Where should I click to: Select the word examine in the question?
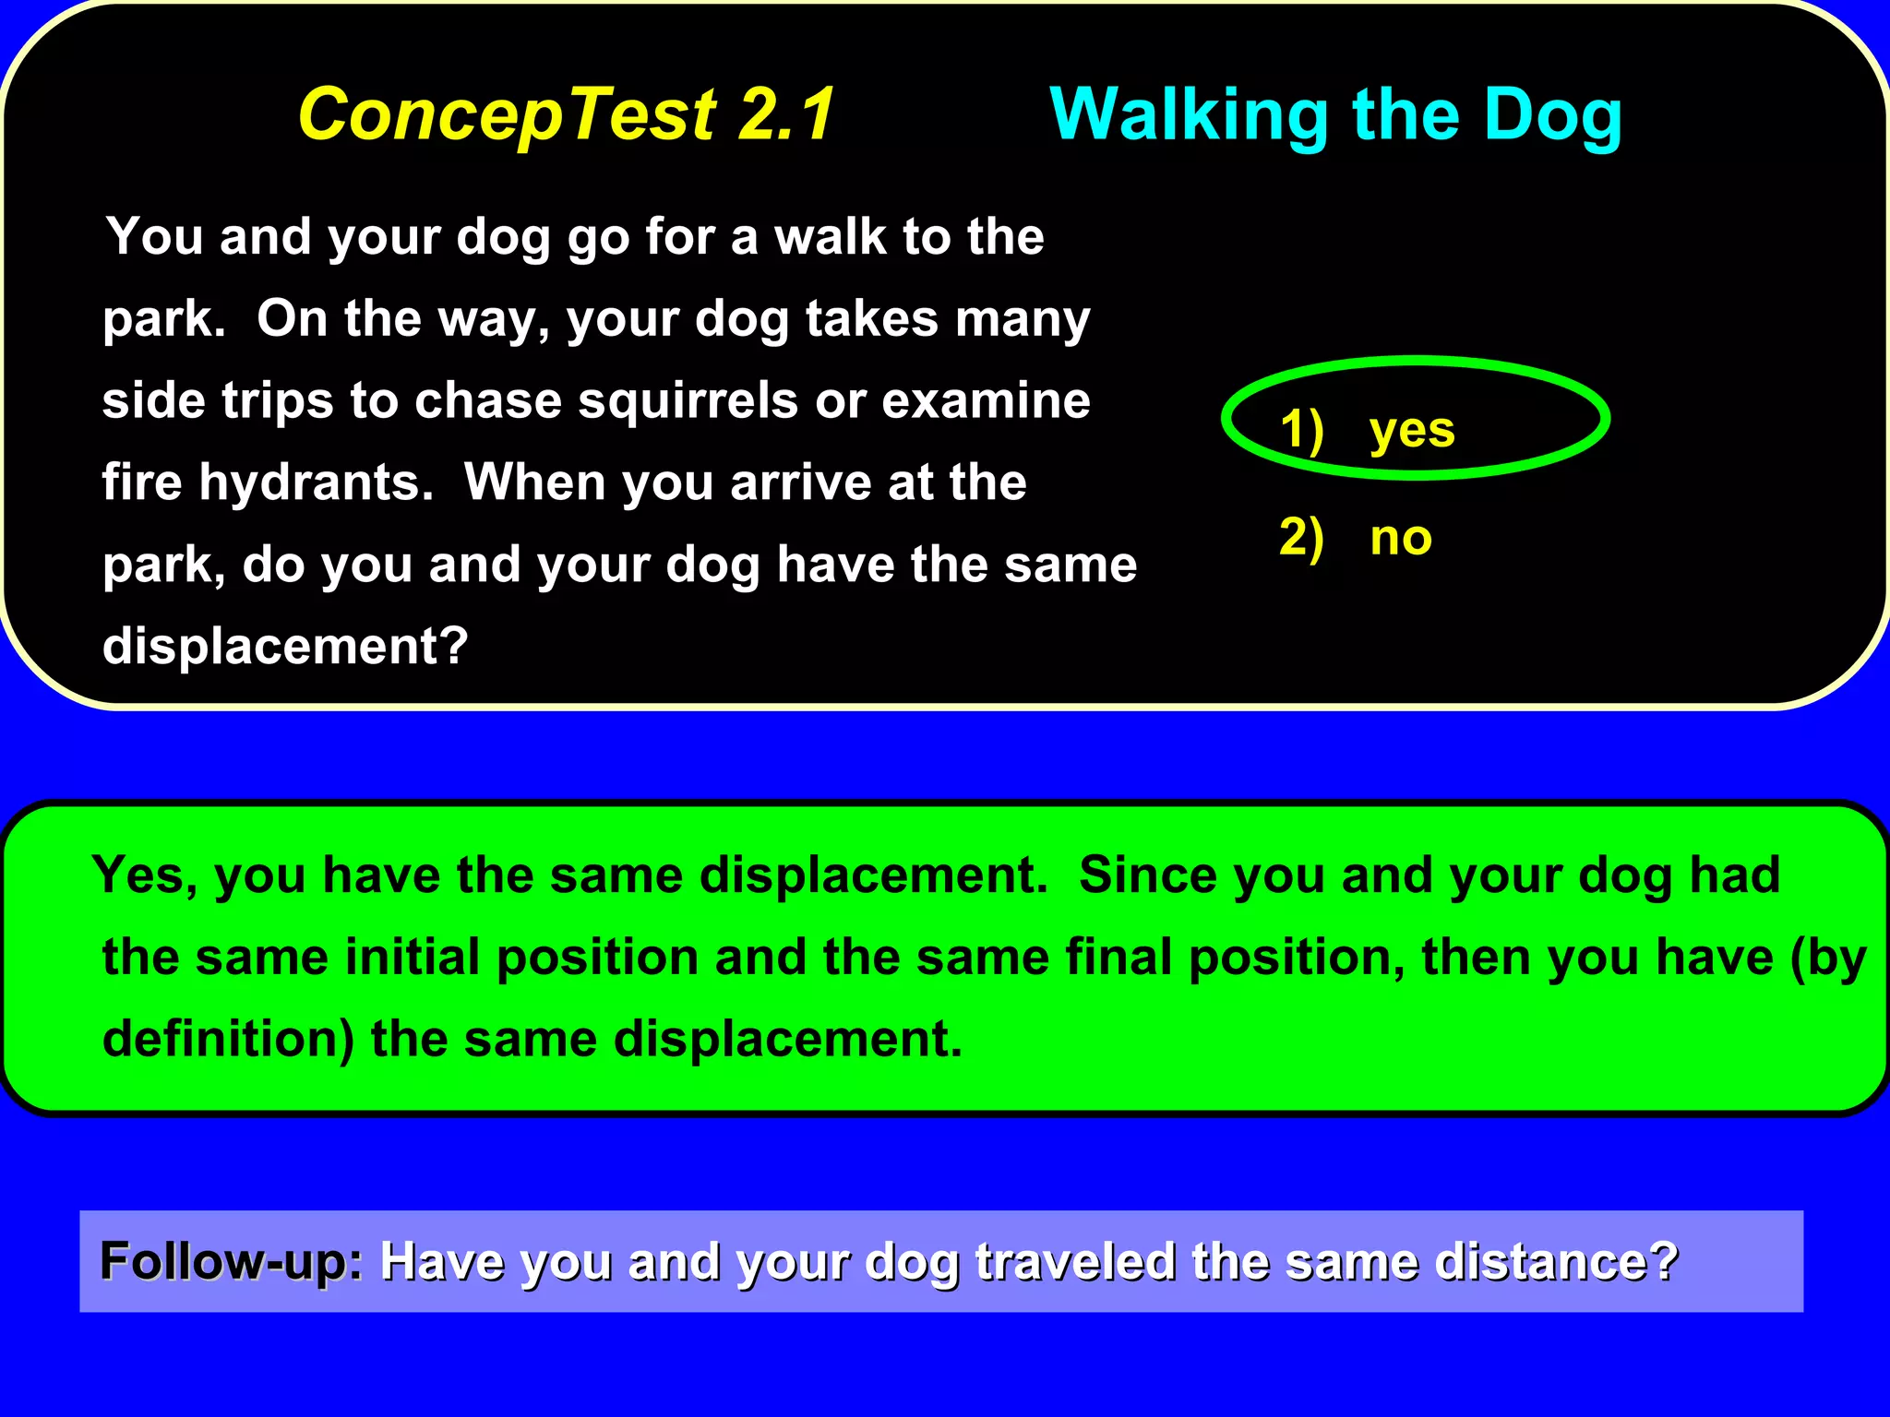point(986,401)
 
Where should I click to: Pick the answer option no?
point(1401,538)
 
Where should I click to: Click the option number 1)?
point(1301,430)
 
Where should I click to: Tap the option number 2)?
point(1301,538)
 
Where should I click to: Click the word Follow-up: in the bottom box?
point(232,1261)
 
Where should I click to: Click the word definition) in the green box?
point(228,1040)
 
